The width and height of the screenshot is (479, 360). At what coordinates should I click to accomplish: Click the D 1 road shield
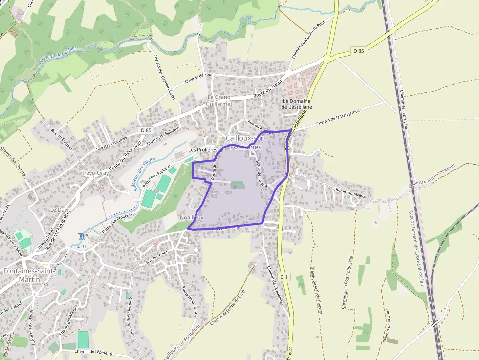click(x=284, y=277)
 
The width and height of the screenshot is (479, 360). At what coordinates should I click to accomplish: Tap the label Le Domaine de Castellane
click(x=297, y=104)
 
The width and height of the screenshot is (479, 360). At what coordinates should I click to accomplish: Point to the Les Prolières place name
click(x=202, y=149)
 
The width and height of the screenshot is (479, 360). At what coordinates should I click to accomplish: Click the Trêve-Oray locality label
click(x=95, y=173)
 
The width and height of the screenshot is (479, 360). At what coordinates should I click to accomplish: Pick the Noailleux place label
click(x=192, y=217)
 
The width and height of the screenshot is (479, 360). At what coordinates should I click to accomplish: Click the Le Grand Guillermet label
click(x=218, y=101)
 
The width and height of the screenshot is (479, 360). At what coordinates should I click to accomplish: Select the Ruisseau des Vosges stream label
click(x=143, y=174)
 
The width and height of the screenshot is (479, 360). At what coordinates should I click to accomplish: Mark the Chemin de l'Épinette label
click(x=94, y=351)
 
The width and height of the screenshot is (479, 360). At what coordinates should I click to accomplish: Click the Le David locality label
click(x=61, y=209)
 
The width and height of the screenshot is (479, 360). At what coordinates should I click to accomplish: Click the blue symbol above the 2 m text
click(x=81, y=237)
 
